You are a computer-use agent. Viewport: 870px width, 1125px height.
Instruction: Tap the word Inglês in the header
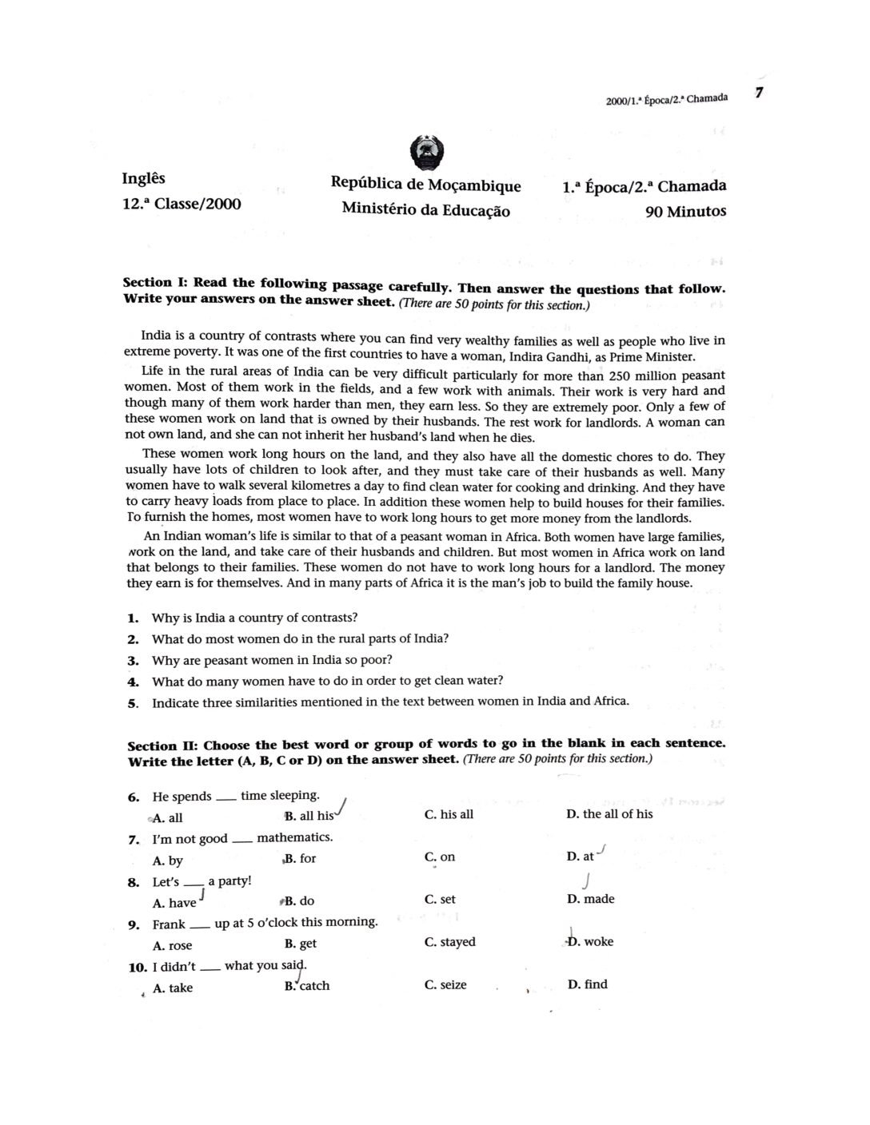pos(144,177)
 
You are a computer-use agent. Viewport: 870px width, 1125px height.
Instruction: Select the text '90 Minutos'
pos(686,212)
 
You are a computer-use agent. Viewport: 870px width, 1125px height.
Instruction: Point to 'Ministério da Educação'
pos(425,209)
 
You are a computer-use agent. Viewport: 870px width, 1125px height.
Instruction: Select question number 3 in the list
pos(134,661)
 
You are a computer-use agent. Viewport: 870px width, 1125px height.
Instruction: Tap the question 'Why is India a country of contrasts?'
pos(254,618)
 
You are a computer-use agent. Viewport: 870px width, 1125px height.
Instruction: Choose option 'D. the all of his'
pos(609,814)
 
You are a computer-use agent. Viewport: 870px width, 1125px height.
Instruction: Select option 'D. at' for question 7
pos(581,857)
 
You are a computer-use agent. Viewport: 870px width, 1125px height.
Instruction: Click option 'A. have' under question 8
pos(174,903)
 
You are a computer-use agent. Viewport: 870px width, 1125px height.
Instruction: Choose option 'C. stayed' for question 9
pos(450,942)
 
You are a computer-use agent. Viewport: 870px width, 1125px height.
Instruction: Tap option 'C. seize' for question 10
pos(445,985)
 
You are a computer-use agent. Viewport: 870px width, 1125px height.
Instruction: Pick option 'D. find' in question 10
pos(587,984)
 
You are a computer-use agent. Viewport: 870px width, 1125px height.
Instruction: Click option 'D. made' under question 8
pos(590,899)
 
